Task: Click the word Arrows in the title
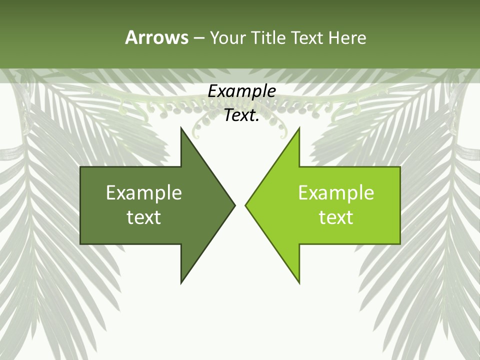point(156,37)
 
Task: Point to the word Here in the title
point(347,37)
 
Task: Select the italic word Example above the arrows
point(241,91)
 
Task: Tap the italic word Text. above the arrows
point(241,115)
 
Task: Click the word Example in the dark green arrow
point(144,193)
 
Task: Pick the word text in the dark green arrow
point(144,217)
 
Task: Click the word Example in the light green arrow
point(336,193)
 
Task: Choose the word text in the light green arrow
point(336,217)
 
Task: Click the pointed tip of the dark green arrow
point(234,205)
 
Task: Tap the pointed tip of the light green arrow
point(245,205)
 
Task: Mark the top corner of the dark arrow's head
point(181,128)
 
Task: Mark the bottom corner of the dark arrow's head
point(181,282)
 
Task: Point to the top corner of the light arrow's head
point(299,128)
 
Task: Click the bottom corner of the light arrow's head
point(299,282)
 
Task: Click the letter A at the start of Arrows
point(131,37)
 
